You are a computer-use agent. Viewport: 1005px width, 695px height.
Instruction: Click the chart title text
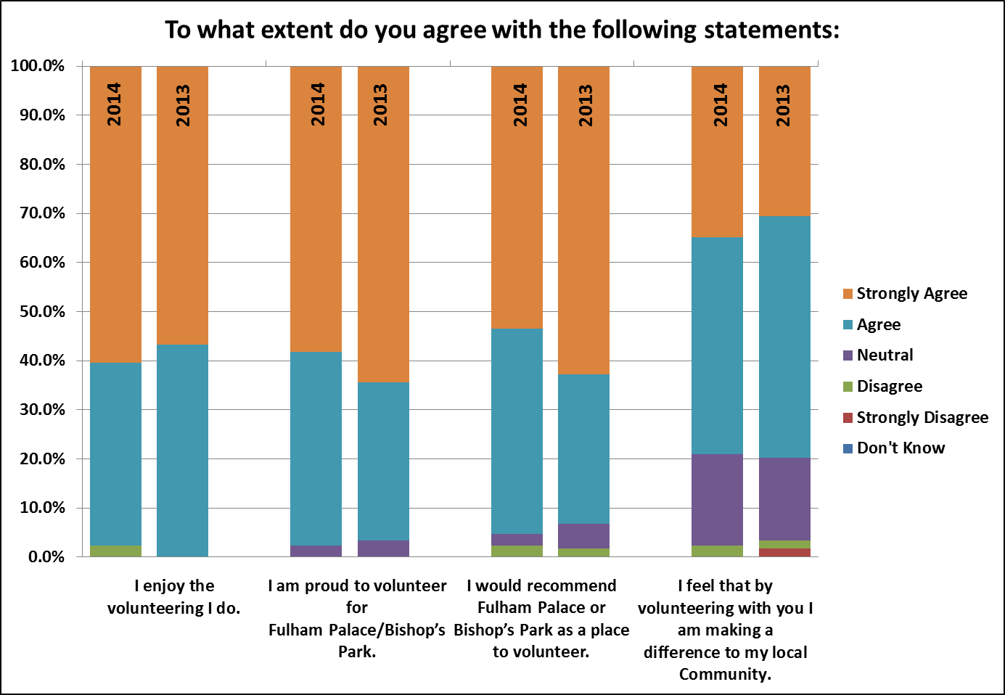pyautogui.click(x=502, y=30)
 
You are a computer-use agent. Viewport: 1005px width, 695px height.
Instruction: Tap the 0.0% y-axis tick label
pyautogui.click(x=46, y=557)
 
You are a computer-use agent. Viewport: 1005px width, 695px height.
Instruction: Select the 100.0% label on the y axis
pyautogui.click(x=38, y=66)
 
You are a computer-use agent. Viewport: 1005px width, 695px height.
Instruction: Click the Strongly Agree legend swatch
pyautogui.click(x=848, y=294)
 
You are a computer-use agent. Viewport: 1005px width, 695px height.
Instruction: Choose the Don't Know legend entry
pyautogui.click(x=894, y=448)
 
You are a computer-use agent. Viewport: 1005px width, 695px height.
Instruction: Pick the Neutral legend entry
pyautogui.click(x=878, y=355)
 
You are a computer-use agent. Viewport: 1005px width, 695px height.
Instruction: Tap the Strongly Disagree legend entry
pyautogui.click(x=916, y=417)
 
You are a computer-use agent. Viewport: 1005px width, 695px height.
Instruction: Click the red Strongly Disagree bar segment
pyautogui.click(x=784, y=552)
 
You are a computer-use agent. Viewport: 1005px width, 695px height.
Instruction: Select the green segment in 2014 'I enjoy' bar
pyautogui.click(x=116, y=551)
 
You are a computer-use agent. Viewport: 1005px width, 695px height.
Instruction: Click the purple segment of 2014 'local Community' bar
pyautogui.click(x=718, y=500)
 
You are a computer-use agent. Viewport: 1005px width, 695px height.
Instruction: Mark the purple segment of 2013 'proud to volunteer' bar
pyautogui.click(x=384, y=548)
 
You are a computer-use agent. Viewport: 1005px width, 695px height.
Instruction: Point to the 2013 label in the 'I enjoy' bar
pyautogui.click(x=183, y=106)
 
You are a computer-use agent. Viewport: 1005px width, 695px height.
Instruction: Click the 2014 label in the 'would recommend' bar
pyautogui.click(x=520, y=104)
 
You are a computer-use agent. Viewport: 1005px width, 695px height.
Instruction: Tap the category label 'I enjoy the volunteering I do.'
pyautogui.click(x=174, y=597)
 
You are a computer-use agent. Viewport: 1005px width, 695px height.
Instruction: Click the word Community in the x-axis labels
pyautogui.click(x=725, y=674)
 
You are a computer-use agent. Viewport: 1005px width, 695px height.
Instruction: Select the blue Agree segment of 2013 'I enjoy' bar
pyautogui.click(x=183, y=451)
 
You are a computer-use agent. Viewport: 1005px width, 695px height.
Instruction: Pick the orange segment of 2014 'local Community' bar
pyautogui.click(x=718, y=152)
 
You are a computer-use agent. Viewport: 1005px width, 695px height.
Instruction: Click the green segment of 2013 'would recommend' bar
pyautogui.click(x=583, y=552)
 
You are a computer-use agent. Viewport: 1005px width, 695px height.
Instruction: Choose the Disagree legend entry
pyautogui.click(x=882, y=386)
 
